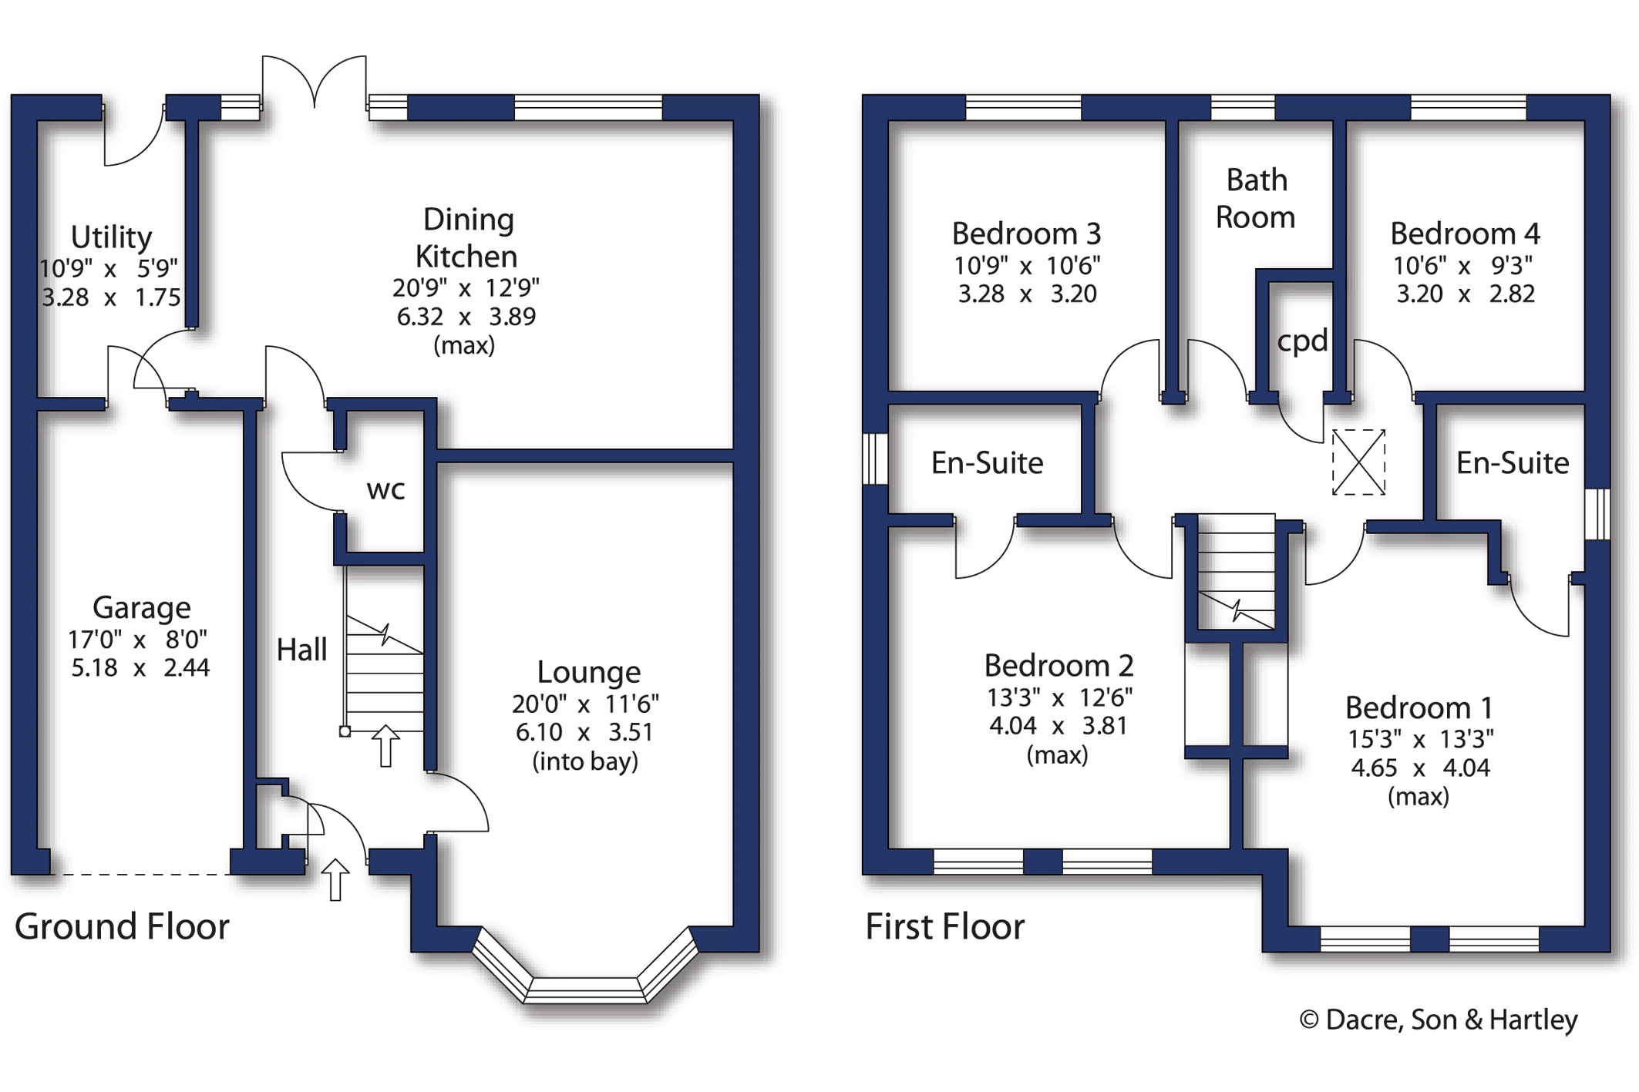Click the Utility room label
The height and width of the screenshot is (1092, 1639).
click(112, 237)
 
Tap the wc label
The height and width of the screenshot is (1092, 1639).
click(386, 490)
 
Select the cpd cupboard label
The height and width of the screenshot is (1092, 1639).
click(1302, 341)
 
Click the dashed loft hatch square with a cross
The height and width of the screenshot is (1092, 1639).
click(1358, 462)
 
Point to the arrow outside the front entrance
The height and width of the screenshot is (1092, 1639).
click(335, 879)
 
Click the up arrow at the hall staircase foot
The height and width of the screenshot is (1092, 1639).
click(385, 746)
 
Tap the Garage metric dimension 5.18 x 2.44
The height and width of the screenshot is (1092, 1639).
click(140, 667)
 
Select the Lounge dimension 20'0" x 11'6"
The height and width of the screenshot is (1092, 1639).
click(585, 704)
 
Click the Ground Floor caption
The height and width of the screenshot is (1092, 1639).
click(122, 926)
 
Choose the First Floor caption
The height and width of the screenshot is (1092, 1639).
click(945, 926)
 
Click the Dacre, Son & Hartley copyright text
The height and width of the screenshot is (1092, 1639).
click(1439, 1020)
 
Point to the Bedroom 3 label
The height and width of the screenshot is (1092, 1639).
click(1026, 234)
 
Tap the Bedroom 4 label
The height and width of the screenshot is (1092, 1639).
click(1465, 234)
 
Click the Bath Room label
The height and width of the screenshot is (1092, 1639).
click(1256, 199)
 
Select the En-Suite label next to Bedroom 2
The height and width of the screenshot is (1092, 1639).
click(987, 462)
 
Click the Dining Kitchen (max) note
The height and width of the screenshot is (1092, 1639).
click(464, 345)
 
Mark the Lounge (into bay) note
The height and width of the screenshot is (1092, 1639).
click(585, 761)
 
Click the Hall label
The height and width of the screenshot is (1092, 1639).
click(301, 650)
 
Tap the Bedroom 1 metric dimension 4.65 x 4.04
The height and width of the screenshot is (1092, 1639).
click(1420, 768)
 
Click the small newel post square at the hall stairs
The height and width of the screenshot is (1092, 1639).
click(345, 731)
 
